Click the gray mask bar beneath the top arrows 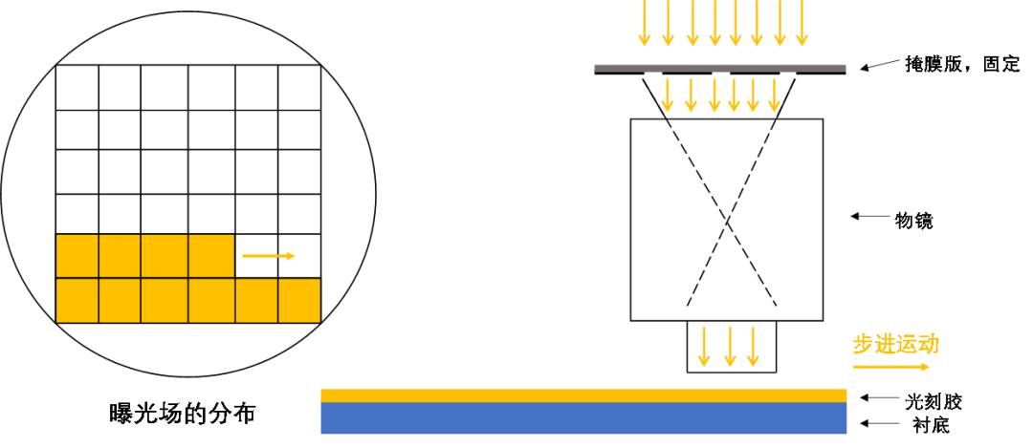pyautogui.click(x=719, y=68)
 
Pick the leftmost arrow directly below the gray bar pyautogui.click(x=668, y=96)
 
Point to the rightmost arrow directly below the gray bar pyautogui.click(x=775, y=96)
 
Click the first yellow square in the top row pyautogui.click(x=77, y=256)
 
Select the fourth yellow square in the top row pyautogui.click(x=211, y=256)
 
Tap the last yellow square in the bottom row pyautogui.click(x=299, y=301)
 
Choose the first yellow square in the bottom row pyautogui.click(x=77, y=301)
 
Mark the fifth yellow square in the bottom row pyautogui.click(x=256, y=301)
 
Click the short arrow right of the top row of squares pyautogui.click(x=269, y=256)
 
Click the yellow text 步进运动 pyautogui.click(x=896, y=344)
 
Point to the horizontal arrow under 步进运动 pyautogui.click(x=891, y=367)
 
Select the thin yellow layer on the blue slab pyautogui.click(x=583, y=395)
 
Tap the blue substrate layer pyautogui.click(x=583, y=418)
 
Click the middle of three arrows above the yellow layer pyautogui.click(x=730, y=347)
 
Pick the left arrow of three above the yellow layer pyautogui.click(x=704, y=347)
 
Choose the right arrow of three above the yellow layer pyautogui.click(x=753, y=347)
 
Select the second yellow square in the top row pyautogui.click(x=120, y=256)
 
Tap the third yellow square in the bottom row pyautogui.click(x=165, y=301)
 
